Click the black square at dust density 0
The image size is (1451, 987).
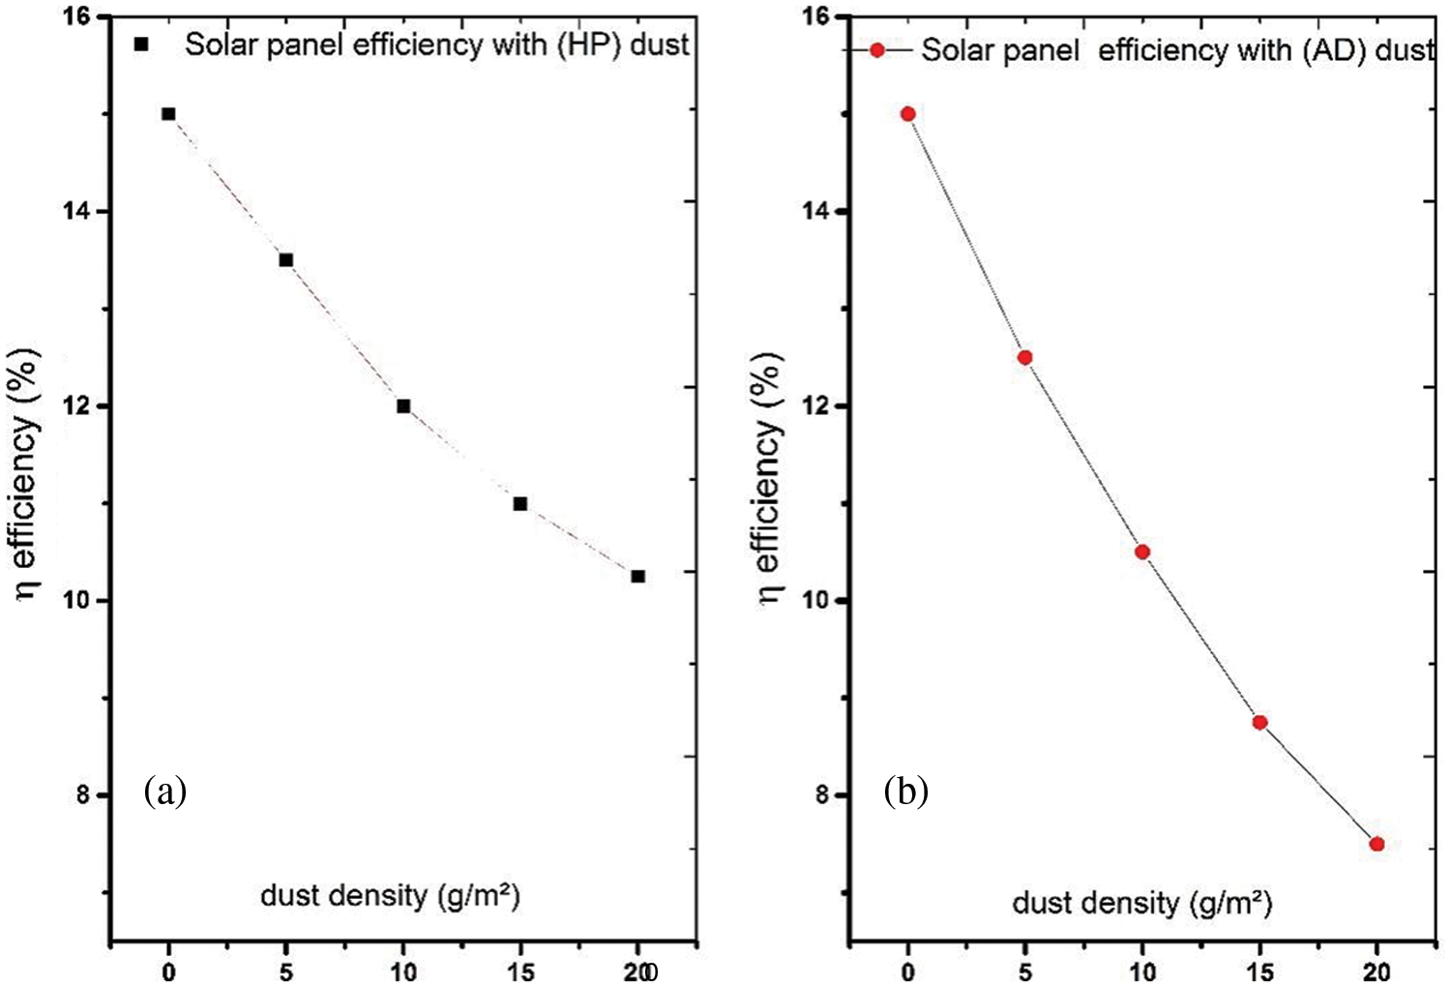(168, 113)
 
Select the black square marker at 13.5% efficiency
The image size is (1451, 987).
(286, 259)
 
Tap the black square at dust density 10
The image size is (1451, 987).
(403, 405)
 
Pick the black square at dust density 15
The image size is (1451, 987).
(520, 503)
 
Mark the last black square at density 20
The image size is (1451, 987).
(637, 576)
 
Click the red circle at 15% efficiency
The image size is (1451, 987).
(907, 113)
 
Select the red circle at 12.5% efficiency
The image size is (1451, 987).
(1025, 357)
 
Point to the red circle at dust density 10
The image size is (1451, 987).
(1142, 552)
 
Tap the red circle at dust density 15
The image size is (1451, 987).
(1259, 722)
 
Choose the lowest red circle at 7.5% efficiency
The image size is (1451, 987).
(1377, 844)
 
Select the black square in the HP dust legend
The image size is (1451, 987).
(141, 45)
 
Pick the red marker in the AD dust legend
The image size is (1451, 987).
(877, 49)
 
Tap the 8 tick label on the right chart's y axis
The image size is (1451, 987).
(823, 794)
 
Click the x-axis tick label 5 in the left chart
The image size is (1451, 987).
(286, 971)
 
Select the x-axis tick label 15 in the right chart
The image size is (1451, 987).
(1259, 971)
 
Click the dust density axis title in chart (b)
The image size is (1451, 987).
(1141, 903)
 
